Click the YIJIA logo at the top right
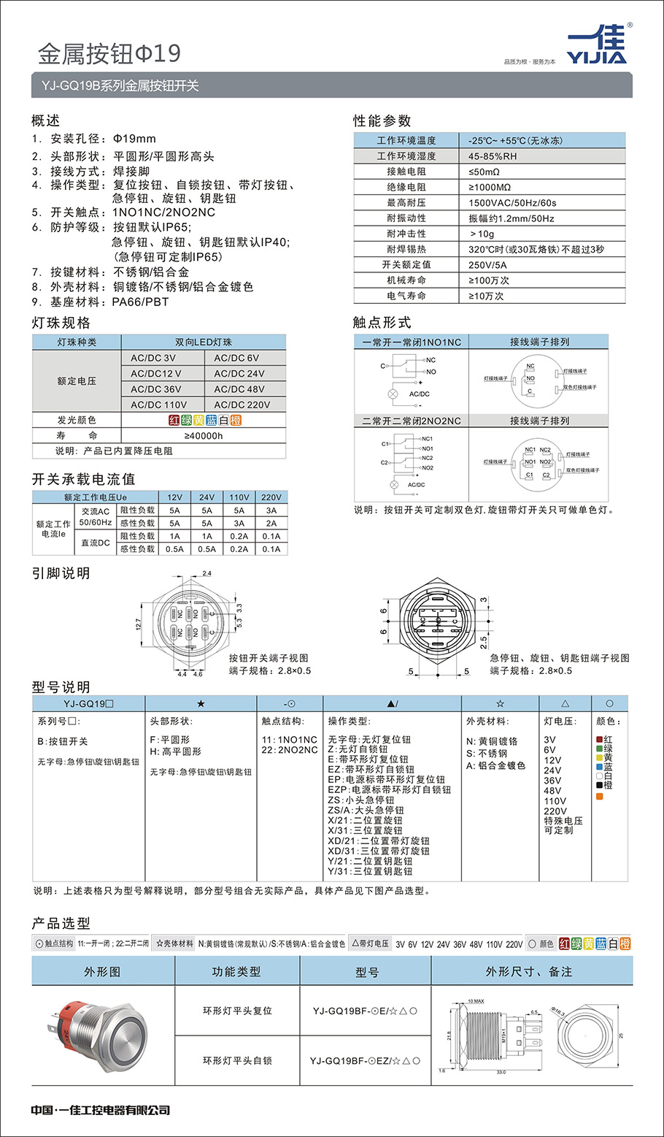(x=595, y=45)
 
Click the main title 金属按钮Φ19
(x=109, y=53)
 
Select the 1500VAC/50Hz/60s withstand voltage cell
(x=512, y=202)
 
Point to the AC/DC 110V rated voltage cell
(x=158, y=405)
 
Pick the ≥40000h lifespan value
(x=204, y=436)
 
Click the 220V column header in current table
(x=271, y=497)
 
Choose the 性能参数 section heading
(x=382, y=120)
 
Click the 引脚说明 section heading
(x=61, y=573)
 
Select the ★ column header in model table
(x=201, y=703)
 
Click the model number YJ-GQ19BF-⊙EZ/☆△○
(x=365, y=1060)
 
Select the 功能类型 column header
(x=236, y=971)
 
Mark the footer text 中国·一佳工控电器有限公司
(x=101, y=1110)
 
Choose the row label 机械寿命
(x=406, y=280)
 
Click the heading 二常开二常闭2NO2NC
(x=412, y=421)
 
